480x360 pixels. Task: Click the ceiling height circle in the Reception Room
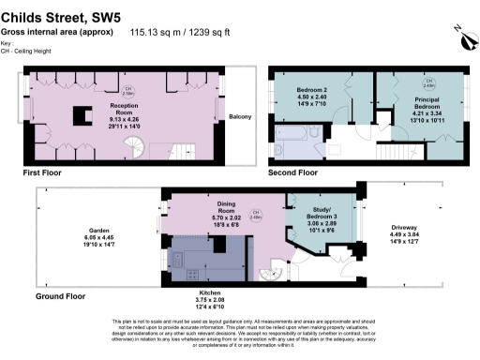point(129,91)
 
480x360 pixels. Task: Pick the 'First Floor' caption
point(46,173)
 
